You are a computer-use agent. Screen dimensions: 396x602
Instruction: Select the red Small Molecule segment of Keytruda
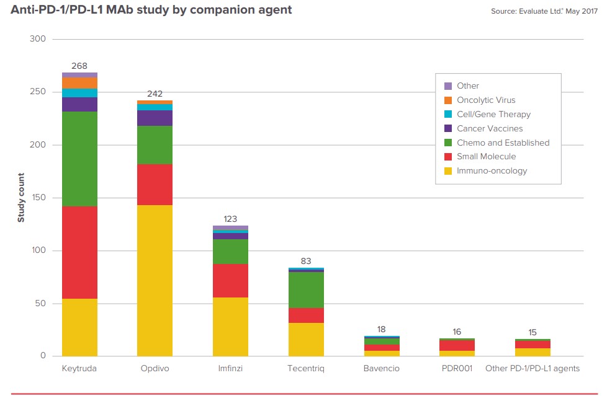tap(79, 252)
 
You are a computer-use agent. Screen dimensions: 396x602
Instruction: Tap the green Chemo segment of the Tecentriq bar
tap(305, 290)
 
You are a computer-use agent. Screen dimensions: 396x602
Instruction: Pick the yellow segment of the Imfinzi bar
tap(230, 327)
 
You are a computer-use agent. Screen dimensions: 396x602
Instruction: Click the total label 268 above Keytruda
tap(79, 66)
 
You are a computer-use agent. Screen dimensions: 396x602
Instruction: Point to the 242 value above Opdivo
tap(155, 94)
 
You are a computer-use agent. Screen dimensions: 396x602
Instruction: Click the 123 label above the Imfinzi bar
tap(230, 219)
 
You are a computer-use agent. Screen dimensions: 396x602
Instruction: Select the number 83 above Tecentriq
tap(305, 262)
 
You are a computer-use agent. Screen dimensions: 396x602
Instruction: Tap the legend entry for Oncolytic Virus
tap(485, 100)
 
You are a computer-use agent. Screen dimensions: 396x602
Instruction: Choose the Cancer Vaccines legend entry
tap(489, 129)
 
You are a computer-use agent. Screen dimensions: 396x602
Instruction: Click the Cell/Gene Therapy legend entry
tap(493, 115)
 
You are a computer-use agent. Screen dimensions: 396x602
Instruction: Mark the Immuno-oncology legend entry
tap(492, 171)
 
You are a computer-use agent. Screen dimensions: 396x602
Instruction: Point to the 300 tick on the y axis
tap(38, 39)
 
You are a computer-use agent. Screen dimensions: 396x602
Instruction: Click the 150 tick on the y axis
tap(38, 198)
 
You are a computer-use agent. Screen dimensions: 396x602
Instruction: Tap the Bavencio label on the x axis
tap(381, 369)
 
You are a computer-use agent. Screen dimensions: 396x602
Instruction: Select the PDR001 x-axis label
tap(457, 369)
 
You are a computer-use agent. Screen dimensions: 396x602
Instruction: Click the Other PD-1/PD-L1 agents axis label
tap(532, 369)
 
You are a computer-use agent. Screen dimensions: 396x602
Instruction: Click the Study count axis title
tap(21, 198)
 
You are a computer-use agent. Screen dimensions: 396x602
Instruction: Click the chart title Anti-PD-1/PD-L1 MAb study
tap(151, 10)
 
